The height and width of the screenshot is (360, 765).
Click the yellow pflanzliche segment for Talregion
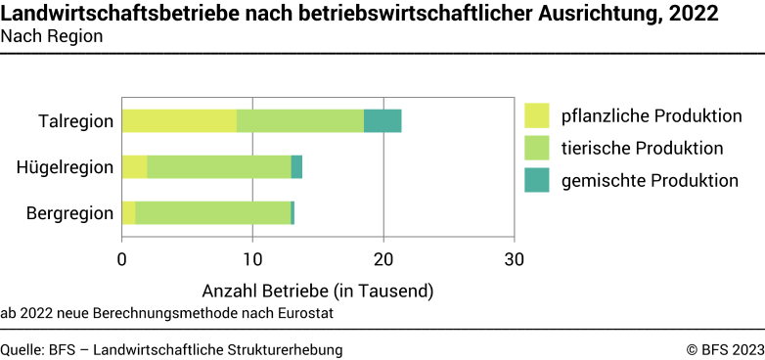[x=179, y=120]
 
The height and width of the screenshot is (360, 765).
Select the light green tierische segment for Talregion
[x=300, y=120]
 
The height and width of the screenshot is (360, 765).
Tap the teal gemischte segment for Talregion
[x=382, y=120]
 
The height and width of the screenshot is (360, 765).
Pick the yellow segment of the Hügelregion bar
[x=134, y=166]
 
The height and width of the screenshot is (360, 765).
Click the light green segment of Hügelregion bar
[x=219, y=166]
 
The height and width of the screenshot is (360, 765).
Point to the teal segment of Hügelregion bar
[x=296, y=166]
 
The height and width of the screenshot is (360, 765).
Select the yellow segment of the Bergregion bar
[x=128, y=212]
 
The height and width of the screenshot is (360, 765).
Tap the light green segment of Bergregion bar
[x=212, y=212]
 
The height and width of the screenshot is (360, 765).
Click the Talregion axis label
[x=75, y=121]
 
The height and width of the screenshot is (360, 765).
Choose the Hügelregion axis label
[x=66, y=167]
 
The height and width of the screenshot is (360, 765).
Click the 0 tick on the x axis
[x=122, y=260]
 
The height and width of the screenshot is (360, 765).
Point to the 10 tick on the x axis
[x=252, y=260]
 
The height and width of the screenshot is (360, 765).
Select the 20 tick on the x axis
[x=383, y=260]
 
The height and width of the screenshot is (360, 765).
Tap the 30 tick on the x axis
[x=515, y=260]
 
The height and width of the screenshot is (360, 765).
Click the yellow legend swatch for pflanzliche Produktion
[x=537, y=115]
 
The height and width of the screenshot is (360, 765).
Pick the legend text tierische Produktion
[x=642, y=148]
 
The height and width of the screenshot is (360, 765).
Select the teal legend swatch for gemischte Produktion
[x=537, y=180]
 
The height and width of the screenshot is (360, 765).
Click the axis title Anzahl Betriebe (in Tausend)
[x=317, y=291]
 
